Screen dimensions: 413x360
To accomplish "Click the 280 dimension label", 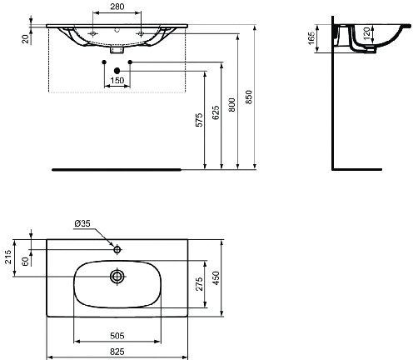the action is (x=117, y=7).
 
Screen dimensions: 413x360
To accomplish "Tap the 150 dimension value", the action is (x=117, y=81).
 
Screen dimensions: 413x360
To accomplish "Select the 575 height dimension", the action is (x=199, y=120).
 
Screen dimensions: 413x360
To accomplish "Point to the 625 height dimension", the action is (x=216, y=112).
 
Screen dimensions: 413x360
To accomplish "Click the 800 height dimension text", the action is (x=231, y=105).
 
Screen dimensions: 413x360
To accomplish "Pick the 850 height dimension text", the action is (x=249, y=97).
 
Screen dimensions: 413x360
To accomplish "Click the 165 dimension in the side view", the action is (x=311, y=37).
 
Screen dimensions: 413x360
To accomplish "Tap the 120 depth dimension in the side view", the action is (x=366, y=32).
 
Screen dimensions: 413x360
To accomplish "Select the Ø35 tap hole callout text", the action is (x=82, y=223).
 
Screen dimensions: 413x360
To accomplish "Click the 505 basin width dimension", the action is (x=117, y=336).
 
